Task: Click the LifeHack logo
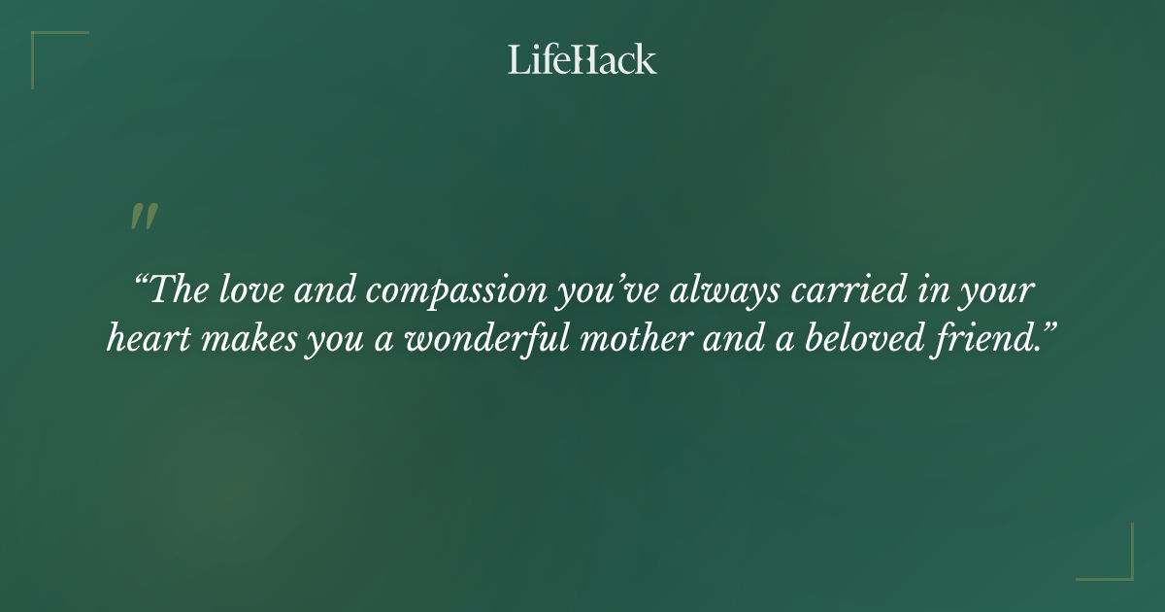[x=582, y=59]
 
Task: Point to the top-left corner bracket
[x=44, y=44]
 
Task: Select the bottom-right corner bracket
[x=1120, y=567]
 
